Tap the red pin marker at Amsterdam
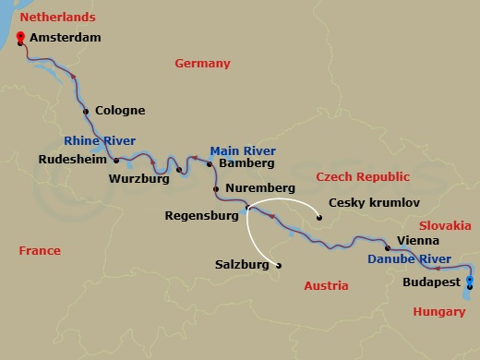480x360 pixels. point(20,38)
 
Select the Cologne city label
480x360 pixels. point(119,111)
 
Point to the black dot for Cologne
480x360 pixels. point(86,112)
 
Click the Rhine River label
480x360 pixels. point(101,141)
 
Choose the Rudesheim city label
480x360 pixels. point(72,159)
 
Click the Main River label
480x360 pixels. point(243,150)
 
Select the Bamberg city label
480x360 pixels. point(246,163)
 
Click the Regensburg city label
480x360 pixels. point(200,218)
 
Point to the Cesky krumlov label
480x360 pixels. point(374,202)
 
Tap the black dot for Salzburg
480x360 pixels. point(279,266)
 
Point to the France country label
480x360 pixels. point(38,250)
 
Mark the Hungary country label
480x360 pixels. point(439,312)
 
